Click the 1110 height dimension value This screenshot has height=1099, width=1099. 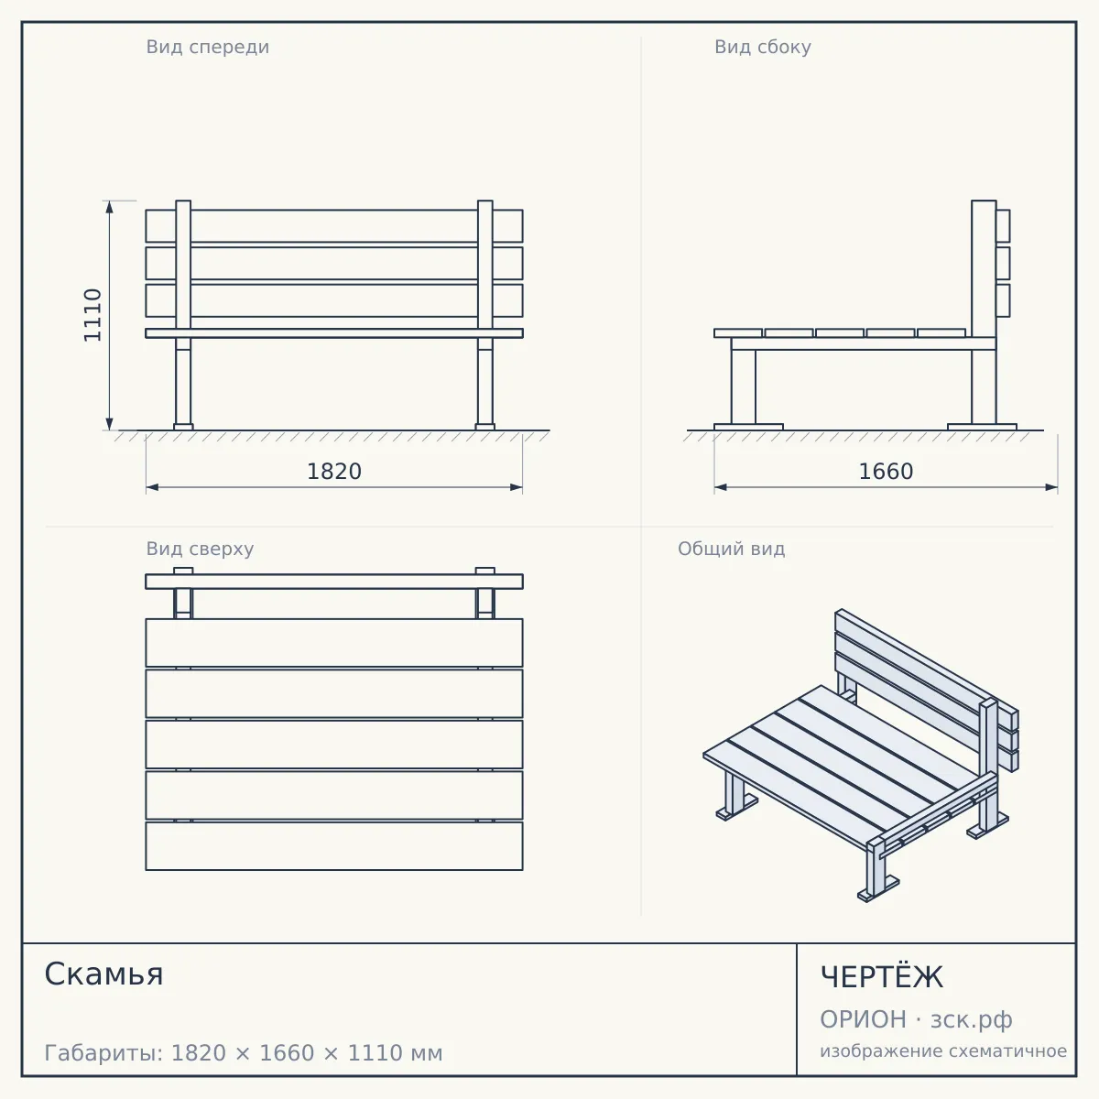pyautogui.click(x=92, y=315)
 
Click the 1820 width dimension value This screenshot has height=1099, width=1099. pyautogui.click(x=334, y=472)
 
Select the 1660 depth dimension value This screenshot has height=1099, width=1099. pyautogui.click(x=886, y=472)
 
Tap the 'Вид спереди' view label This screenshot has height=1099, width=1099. pyautogui.click(x=208, y=47)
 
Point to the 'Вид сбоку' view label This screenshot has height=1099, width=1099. pyautogui.click(x=763, y=47)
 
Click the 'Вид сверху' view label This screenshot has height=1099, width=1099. pyautogui.click(x=200, y=549)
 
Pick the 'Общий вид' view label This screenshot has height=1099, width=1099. pyautogui.click(x=731, y=549)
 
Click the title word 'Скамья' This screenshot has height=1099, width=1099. pyautogui.click(x=103, y=974)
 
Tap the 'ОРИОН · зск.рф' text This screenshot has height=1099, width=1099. pyautogui.click(x=916, y=1019)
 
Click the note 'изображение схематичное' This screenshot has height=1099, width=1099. pyautogui.click(x=943, y=1050)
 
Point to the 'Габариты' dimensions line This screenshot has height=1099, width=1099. pyautogui.click(x=244, y=1053)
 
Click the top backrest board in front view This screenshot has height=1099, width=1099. pyautogui.click(x=334, y=226)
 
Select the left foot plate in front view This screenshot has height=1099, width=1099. pyautogui.click(x=183, y=427)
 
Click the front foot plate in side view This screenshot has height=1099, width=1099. pyautogui.click(x=748, y=427)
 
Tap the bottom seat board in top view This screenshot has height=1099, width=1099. pyautogui.click(x=334, y=846)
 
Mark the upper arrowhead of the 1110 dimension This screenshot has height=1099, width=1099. pyautogui.click(x=110, y=206)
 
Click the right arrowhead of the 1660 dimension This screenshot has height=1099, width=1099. pyautogui.click(x=1051, y=487)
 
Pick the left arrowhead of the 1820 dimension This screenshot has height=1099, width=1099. pyautogui.click(x=152, y=487)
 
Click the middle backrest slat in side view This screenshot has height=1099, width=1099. pyautogui.click(x=1003, y=263)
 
